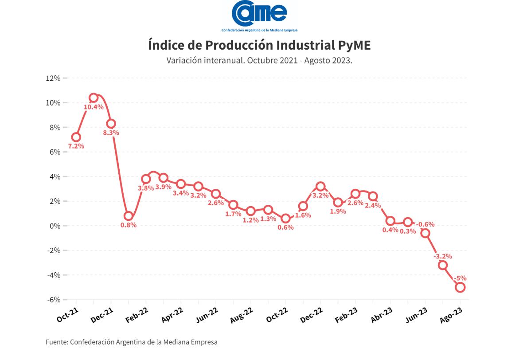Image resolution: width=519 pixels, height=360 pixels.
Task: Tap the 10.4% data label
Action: [x=94, y=107]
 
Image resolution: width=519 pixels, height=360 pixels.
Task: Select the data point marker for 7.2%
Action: [x=76, y=137]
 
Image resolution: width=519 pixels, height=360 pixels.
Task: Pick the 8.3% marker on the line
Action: [x=111, y=123]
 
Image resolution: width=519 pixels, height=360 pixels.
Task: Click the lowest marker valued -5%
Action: [x=460, y=287]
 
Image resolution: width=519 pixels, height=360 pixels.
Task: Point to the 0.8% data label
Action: [x=128, y=225]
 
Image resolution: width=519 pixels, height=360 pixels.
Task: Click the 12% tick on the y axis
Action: [x=53, y=78]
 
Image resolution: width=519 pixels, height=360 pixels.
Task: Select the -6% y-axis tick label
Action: [x=53, y=300]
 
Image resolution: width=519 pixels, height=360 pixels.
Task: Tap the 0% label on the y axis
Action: [x=55, y=226]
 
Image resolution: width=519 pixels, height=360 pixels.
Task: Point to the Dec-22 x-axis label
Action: [x=312, y=316]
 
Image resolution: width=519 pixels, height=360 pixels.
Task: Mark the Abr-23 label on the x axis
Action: [x=382, y=316]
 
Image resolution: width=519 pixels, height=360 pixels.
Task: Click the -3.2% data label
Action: [x=443, y=256]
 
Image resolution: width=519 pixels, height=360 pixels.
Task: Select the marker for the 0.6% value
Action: [x=285, y=218]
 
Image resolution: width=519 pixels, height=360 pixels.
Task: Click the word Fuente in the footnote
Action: [x=56, y=342]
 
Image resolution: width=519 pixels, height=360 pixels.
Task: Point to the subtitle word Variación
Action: [x=183, y=60]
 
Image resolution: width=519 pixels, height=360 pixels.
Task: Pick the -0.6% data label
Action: [x=425, y=224]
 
